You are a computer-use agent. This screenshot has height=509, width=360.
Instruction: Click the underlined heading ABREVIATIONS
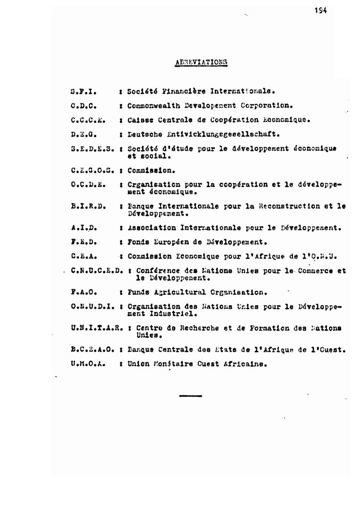(x=202, y=63)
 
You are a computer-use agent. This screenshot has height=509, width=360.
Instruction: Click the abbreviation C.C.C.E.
(x=87, y=120)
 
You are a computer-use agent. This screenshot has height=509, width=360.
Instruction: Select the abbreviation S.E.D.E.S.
(x=93, y=148)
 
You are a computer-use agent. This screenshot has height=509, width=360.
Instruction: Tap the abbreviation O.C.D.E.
(x=87, y=184)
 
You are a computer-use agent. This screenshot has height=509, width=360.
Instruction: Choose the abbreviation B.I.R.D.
(x=87, y=206)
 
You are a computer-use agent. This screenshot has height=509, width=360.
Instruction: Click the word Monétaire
(x=170, y=363)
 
